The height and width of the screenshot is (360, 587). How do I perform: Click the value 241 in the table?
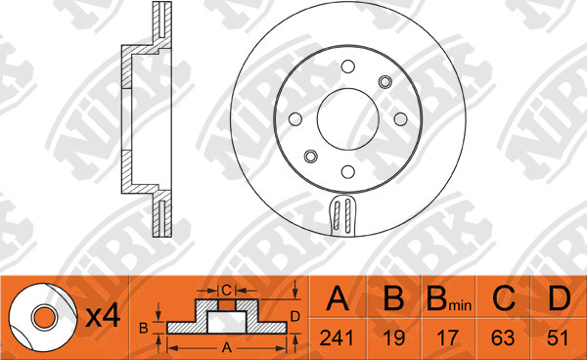tap(337, 337)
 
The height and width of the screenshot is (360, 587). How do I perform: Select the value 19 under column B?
tap(394, 337)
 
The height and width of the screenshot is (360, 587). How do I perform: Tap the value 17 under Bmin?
tap(448, 337)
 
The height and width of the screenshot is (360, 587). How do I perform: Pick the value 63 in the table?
tap(503, 337)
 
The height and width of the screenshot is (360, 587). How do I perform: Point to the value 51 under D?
tap(559, 337)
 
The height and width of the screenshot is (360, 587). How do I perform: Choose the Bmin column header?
tap(449, 299)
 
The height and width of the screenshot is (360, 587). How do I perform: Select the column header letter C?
tap(504, 298)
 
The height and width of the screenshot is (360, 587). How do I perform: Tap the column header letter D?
tap(560, 298)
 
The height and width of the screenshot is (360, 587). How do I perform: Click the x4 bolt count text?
tap(104, 316)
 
